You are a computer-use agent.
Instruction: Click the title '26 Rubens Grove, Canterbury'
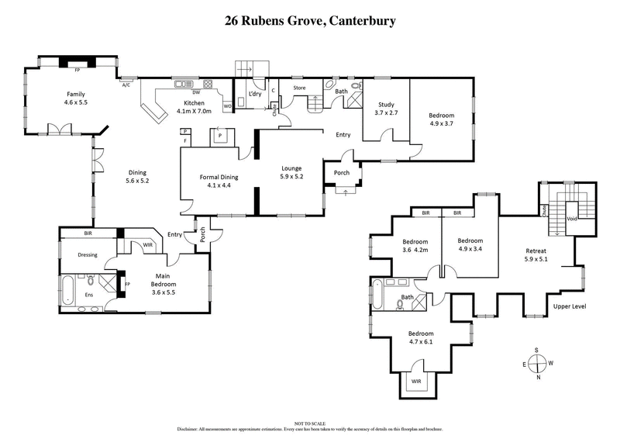[309, 21]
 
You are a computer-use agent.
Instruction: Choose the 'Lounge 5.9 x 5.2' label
[291, 172]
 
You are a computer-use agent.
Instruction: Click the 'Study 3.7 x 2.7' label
[387, 109]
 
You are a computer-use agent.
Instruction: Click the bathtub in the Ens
[68, 289]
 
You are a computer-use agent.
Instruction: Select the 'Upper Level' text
[570, 307]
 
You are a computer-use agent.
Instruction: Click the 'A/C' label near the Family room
[126, 85]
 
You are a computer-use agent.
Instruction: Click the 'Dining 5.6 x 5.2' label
[136, 177]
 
